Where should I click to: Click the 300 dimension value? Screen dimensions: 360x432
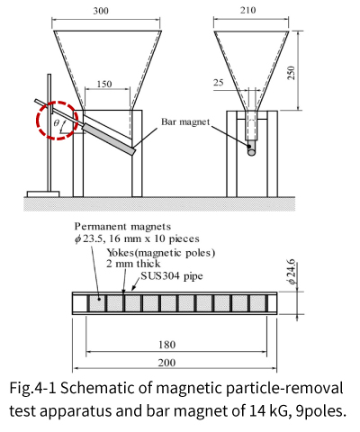[101, 11]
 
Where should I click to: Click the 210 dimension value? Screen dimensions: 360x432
[248, 10]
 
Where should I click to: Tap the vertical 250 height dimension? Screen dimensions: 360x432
[291, 73]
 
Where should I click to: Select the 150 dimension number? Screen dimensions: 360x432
[104, 84]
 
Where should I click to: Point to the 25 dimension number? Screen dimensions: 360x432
[219, 82]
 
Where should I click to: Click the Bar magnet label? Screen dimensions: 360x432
[185, 121]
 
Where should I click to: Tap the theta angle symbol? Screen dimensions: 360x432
[56, 123]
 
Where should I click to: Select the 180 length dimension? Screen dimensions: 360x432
[167, 345]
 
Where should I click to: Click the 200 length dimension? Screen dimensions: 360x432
[166, 363]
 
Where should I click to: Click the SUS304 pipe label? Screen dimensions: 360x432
[172, 275]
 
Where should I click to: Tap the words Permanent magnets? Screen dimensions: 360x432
[122, 226]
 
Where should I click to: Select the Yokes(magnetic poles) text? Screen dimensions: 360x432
[161, 253]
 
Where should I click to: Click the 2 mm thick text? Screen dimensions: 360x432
[133, 264]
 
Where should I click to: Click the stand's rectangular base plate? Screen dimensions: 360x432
[43, 194]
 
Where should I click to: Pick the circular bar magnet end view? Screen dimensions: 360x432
[251, 151]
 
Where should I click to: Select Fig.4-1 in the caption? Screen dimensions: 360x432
[33, 389]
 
